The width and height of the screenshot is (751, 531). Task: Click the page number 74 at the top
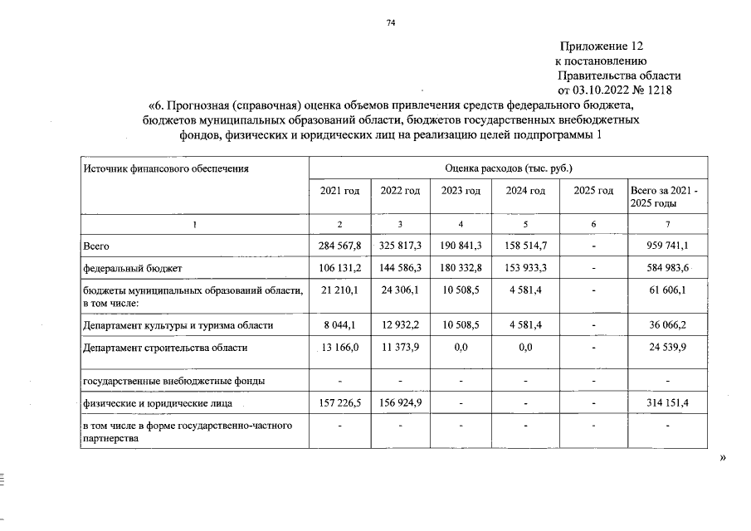coord(390,23)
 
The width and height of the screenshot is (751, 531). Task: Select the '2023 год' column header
coord(461,191)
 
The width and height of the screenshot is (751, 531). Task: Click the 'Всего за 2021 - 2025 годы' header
coord(664,197)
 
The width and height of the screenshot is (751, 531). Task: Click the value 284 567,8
coord(339,246)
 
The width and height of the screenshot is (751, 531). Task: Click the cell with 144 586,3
coord(400,269)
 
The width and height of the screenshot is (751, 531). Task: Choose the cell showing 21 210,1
coord(339,290)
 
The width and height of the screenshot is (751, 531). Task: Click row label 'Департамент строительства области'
coord(164,348)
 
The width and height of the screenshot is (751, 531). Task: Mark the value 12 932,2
coord(400,326)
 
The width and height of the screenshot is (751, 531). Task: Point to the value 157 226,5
coord(339,403)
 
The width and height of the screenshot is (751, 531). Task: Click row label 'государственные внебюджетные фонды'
coord(173,382)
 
